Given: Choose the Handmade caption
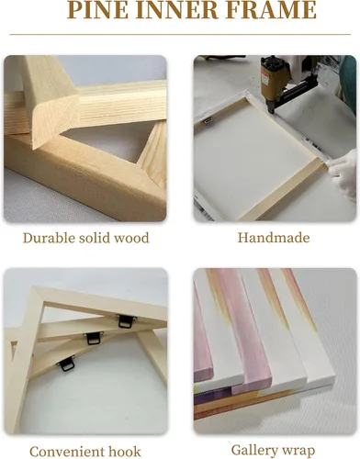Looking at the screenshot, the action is coord(274,238).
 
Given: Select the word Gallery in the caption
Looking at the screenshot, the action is coord(253,451).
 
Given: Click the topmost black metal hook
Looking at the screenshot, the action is coord(126,321).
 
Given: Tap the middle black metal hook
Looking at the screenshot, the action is coord(93,338).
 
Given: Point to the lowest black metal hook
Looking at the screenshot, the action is coord(66,364).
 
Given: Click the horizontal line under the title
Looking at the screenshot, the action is coord(180,34).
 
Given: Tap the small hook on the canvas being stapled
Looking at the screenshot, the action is coord(206,122).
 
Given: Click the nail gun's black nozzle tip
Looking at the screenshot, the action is coord(272,111).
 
